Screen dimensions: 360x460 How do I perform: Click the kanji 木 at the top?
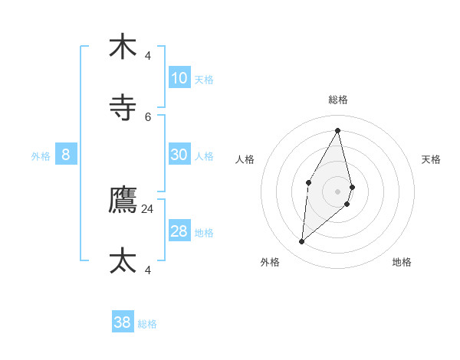click(123, 47)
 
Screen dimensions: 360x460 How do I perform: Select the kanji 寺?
click(123, 107)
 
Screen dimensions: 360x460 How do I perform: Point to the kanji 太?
click(123, 260)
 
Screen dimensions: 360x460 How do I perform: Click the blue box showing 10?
click(179, 77)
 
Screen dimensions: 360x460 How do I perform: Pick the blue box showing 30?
click(179, 154)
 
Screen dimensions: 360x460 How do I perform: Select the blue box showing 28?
click(179, 231)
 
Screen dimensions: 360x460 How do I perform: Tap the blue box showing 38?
click(123, 322)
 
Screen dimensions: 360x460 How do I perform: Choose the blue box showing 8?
click(66, 155)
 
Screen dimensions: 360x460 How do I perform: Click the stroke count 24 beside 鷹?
click(148, 208)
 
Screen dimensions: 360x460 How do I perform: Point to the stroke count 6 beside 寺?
click(148, 116)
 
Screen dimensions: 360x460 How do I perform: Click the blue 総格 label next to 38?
click(147, 324)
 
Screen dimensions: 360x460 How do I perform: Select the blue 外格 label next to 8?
click(41, 155)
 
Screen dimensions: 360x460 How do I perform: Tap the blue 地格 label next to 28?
click(204, 233)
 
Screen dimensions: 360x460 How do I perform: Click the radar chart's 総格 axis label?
click(338, 100)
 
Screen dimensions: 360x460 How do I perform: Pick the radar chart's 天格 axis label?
click(432, 159)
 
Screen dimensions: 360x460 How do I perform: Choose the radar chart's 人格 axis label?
click(245, 159)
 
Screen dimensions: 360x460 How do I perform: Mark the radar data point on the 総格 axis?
click(338, 130)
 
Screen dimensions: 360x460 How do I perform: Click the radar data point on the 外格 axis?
click(302, 242)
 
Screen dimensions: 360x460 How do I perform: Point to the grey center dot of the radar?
click(338, 191)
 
